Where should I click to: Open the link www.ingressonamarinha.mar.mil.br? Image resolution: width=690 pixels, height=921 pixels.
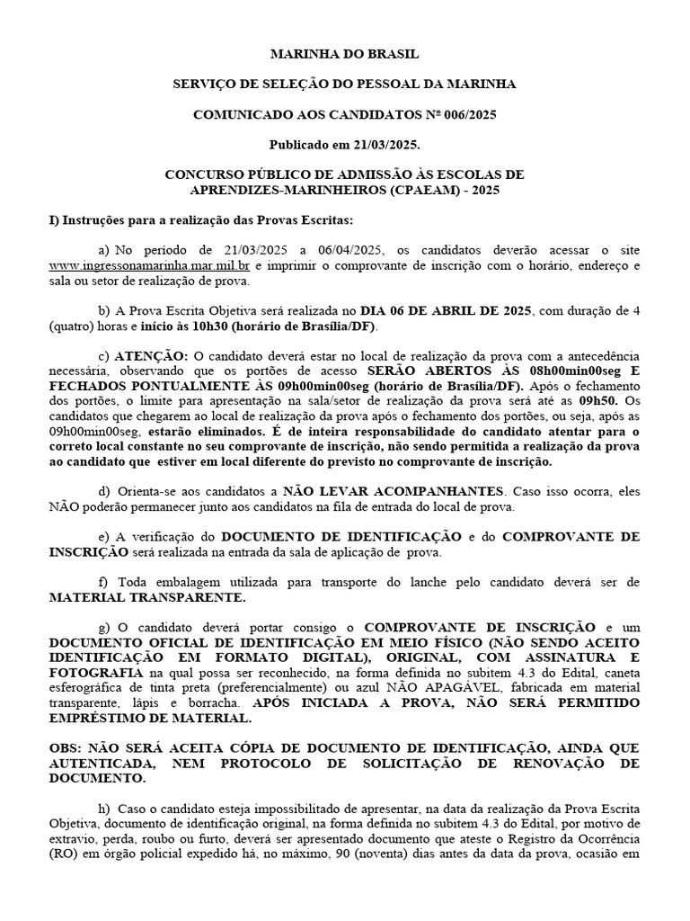pyautogui.click(x=149, y=266)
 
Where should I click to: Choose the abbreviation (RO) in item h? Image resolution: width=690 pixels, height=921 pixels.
pyautogui.click(x=63, y=854)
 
